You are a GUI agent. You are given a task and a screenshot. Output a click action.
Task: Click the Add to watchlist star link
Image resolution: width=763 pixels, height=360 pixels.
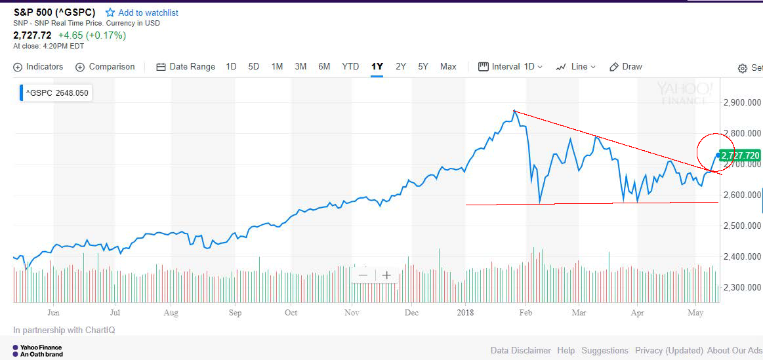(142, 12)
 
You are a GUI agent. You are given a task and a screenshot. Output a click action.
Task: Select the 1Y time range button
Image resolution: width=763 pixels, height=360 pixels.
(377, 67)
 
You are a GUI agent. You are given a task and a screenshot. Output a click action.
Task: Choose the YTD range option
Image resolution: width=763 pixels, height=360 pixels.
(350, 67)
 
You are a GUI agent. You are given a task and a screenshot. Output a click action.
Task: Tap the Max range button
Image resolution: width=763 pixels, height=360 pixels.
(448, 67)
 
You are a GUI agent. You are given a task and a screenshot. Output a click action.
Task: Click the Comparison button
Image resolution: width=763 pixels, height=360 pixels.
(105, 67)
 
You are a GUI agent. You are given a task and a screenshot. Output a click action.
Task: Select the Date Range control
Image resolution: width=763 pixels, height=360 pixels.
(186, 67)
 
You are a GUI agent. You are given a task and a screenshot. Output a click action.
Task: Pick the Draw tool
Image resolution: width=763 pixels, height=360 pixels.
(626, 67)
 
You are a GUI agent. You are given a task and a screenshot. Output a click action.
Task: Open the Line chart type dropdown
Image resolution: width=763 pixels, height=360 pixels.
(576, 67)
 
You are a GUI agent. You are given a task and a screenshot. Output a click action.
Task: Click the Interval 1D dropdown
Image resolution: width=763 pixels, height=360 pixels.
(511, 67)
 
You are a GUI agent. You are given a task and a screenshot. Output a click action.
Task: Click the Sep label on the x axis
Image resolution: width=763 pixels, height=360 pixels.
(236, 313)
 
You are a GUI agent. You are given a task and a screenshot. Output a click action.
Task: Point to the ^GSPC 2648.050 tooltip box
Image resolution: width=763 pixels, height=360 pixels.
(55, 93)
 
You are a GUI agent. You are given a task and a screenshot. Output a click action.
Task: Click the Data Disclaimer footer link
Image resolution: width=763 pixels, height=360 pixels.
(520, 351)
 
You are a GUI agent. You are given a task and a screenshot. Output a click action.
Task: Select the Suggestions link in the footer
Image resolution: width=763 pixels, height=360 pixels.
(605, 351)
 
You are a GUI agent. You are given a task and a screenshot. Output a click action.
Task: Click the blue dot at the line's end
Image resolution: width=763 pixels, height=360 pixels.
(718, 155)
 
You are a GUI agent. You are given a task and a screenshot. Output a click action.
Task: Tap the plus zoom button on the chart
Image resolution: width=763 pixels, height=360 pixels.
(386, 275)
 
